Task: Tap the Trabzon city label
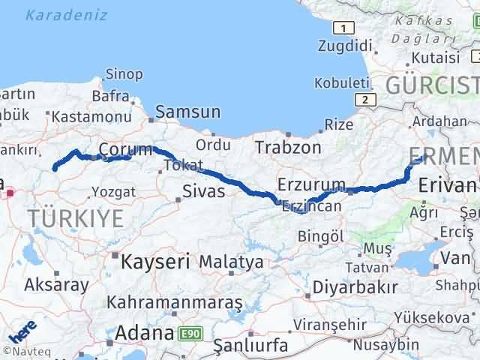pyautogui.click(x=287, y=147)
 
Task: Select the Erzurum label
pyautogui.click(x=311, y=184)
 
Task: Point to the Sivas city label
pyautogui.click(x=204, y=191)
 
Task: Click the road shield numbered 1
pyautogui.click(x=343, y=28)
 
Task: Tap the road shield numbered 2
pyautogui.click(x=364, y=100)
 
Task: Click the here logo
pyautogui.click(x=22, y=331)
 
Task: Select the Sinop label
pyautogui.click(x=124, y=73)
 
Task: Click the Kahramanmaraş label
pyautogui.click(x=174, y=302)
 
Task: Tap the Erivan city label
pyautogui.click(x=448, y=184)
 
